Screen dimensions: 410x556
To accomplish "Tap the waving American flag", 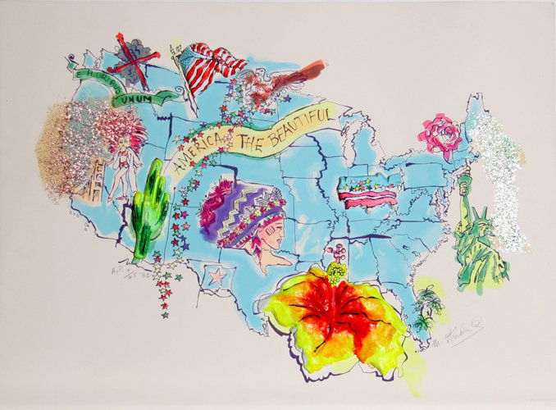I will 208,67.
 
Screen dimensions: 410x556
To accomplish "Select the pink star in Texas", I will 216,276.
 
